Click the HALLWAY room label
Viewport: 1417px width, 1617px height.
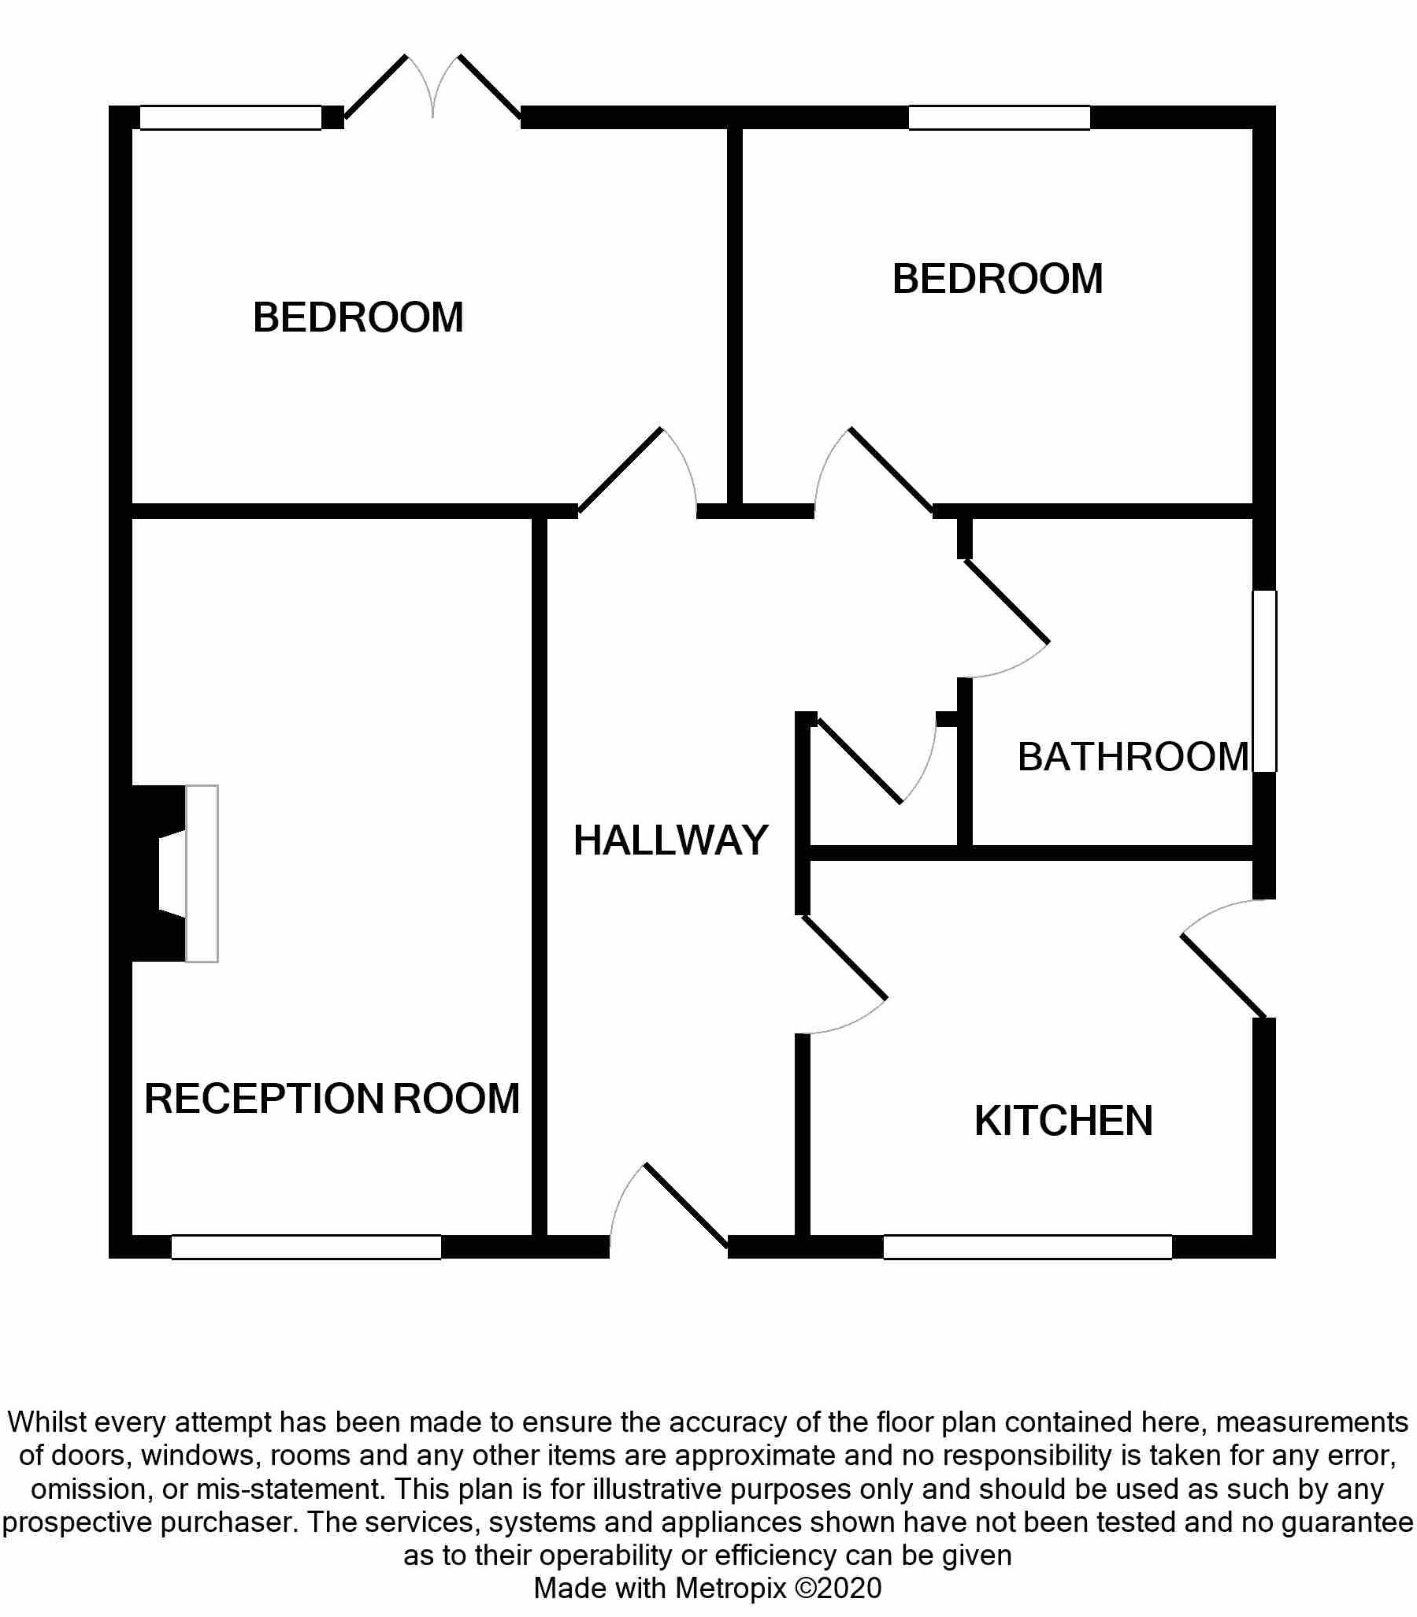pyautogui.click(x=670, y=840)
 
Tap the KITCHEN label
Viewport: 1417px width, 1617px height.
pyautogui.click(x=1063, y=1121)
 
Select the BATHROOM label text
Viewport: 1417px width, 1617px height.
pyautogui.click(x=1133, y=757)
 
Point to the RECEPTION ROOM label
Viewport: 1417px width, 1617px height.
pyautogui.click(x=332, y=1098)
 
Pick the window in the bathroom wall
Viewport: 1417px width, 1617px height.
pyautogui.click(x=1264, y=680)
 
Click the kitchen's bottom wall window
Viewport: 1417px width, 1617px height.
pyautogui.click(x=1027, y=1247)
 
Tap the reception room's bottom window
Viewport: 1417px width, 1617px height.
pyautogui.click(x=306, y=1247)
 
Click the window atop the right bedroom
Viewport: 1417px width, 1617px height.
pyautogui.click(x=999, y=117)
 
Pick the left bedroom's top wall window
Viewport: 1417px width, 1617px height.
pyautogui.click(x=230, y=117)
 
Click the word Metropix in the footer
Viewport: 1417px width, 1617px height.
pyautogui.click(x=732, y=1588)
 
